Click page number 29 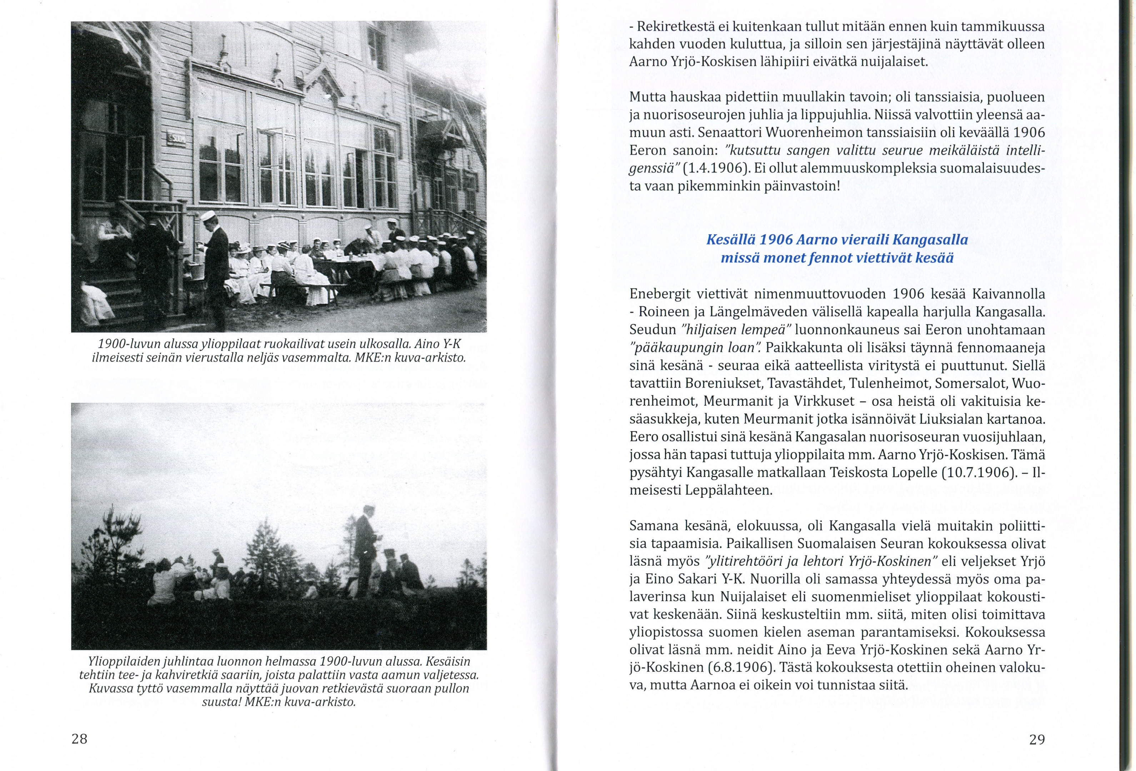(x=1037, y=740)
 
